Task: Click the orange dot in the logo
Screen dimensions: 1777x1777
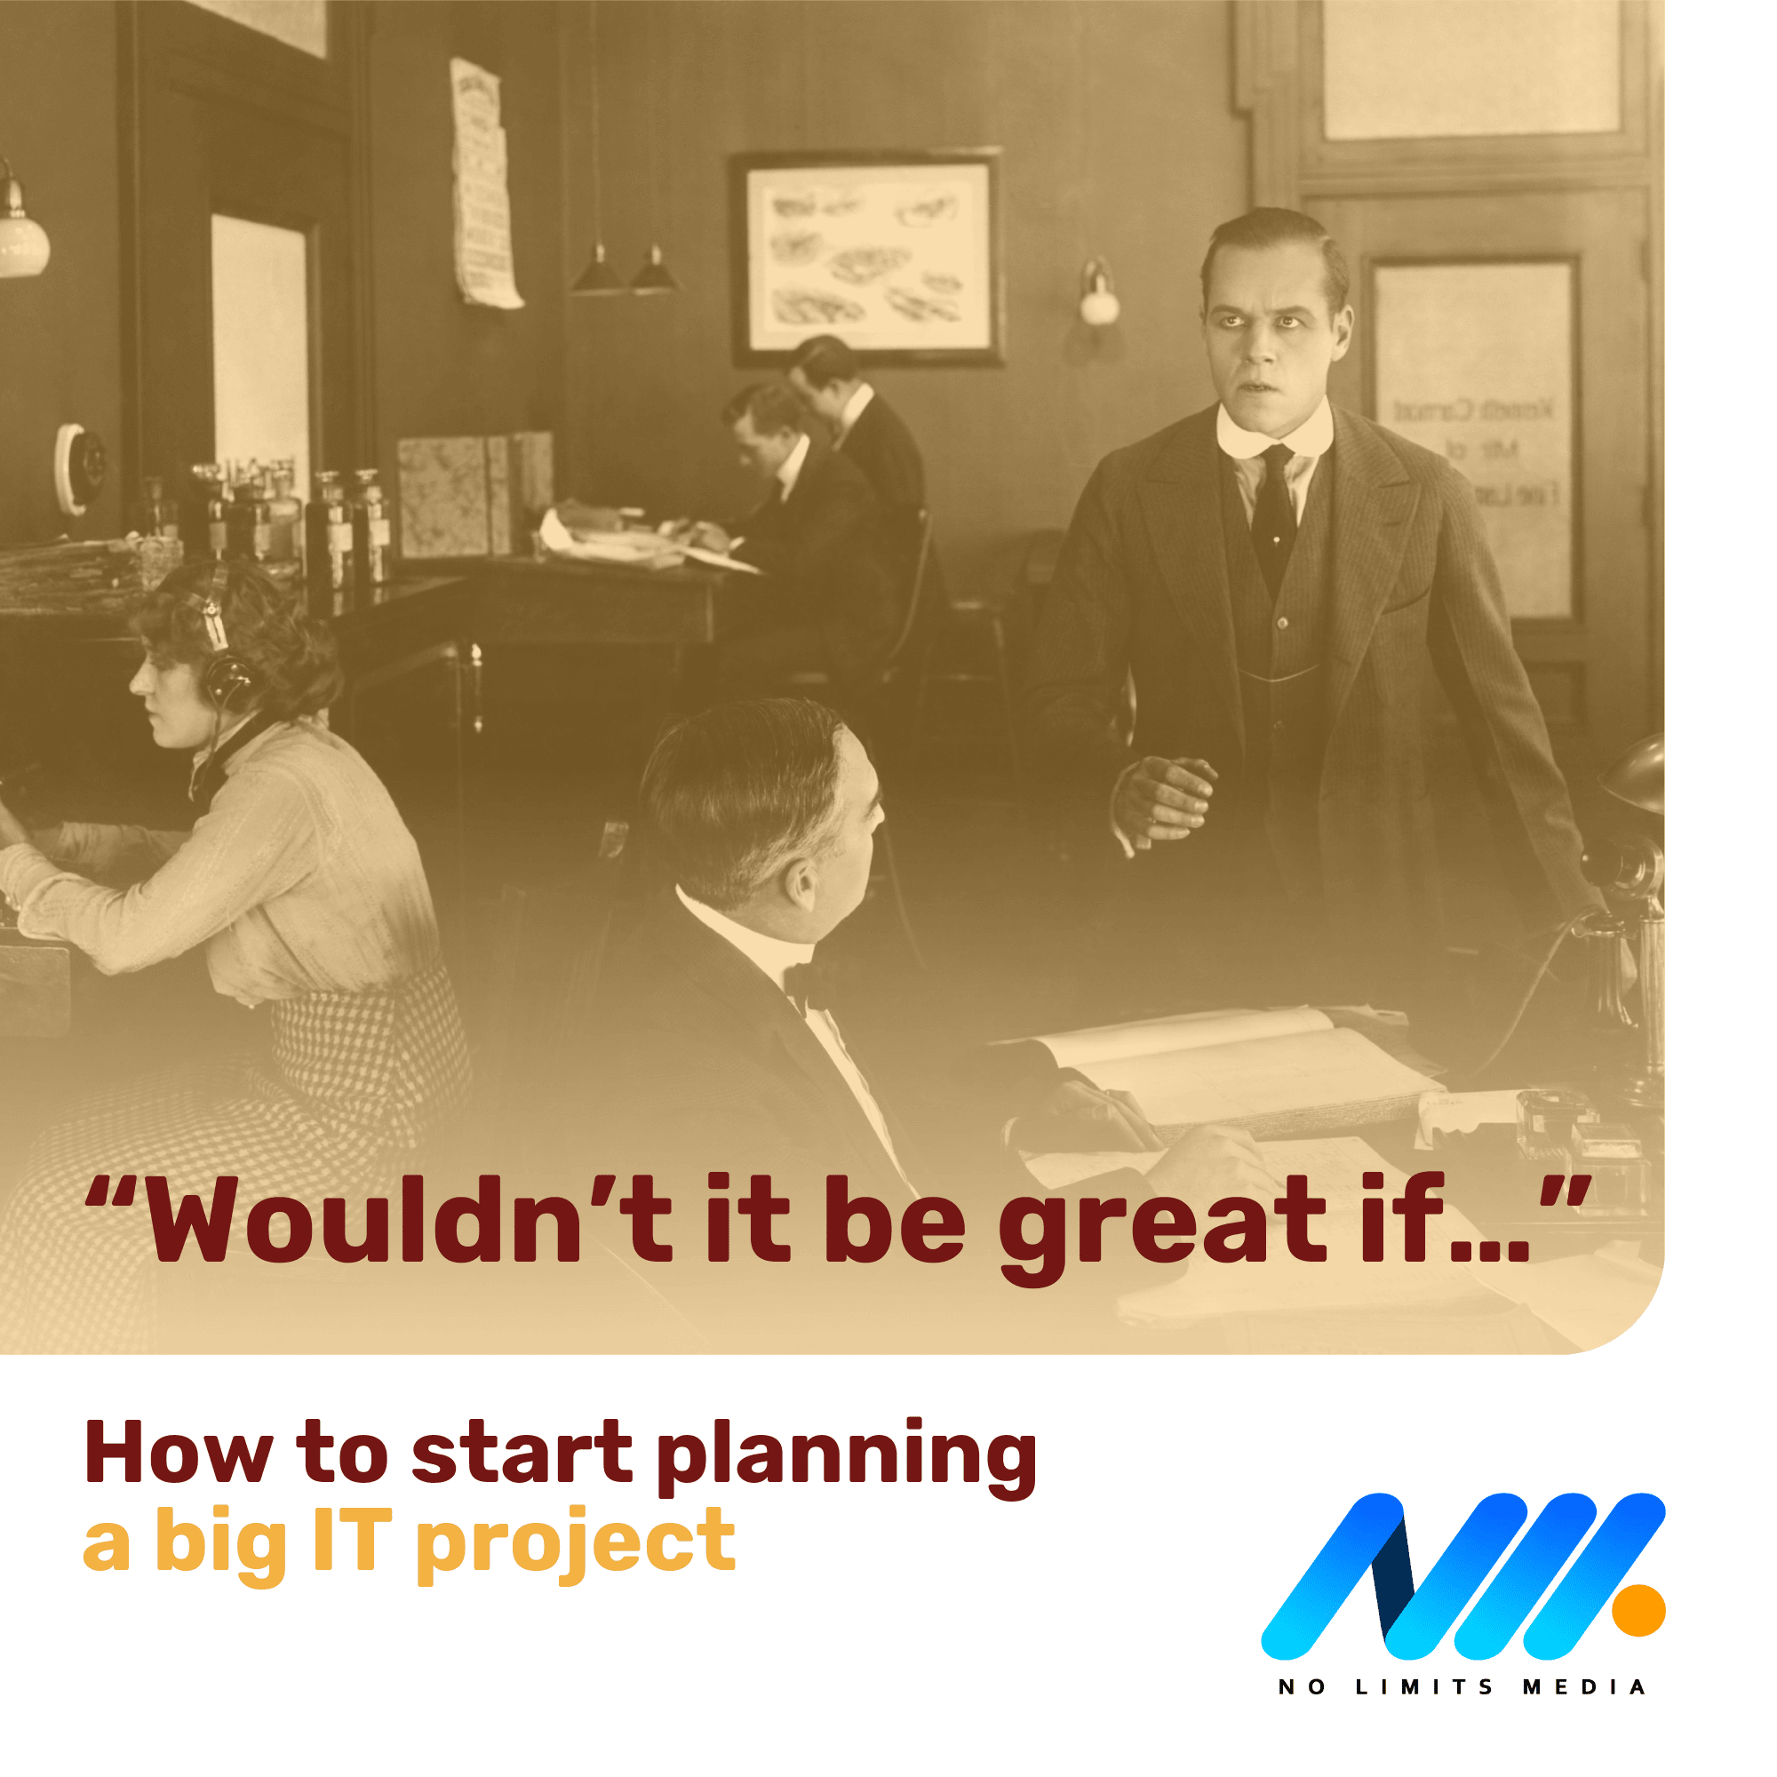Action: (1639, 1611)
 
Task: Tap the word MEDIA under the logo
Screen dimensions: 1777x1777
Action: (1584, 1688)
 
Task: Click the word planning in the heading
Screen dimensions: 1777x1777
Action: (847, 1460)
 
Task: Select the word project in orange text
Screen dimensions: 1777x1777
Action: (576, 1545)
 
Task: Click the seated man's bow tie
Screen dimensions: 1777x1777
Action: (809, 984)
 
